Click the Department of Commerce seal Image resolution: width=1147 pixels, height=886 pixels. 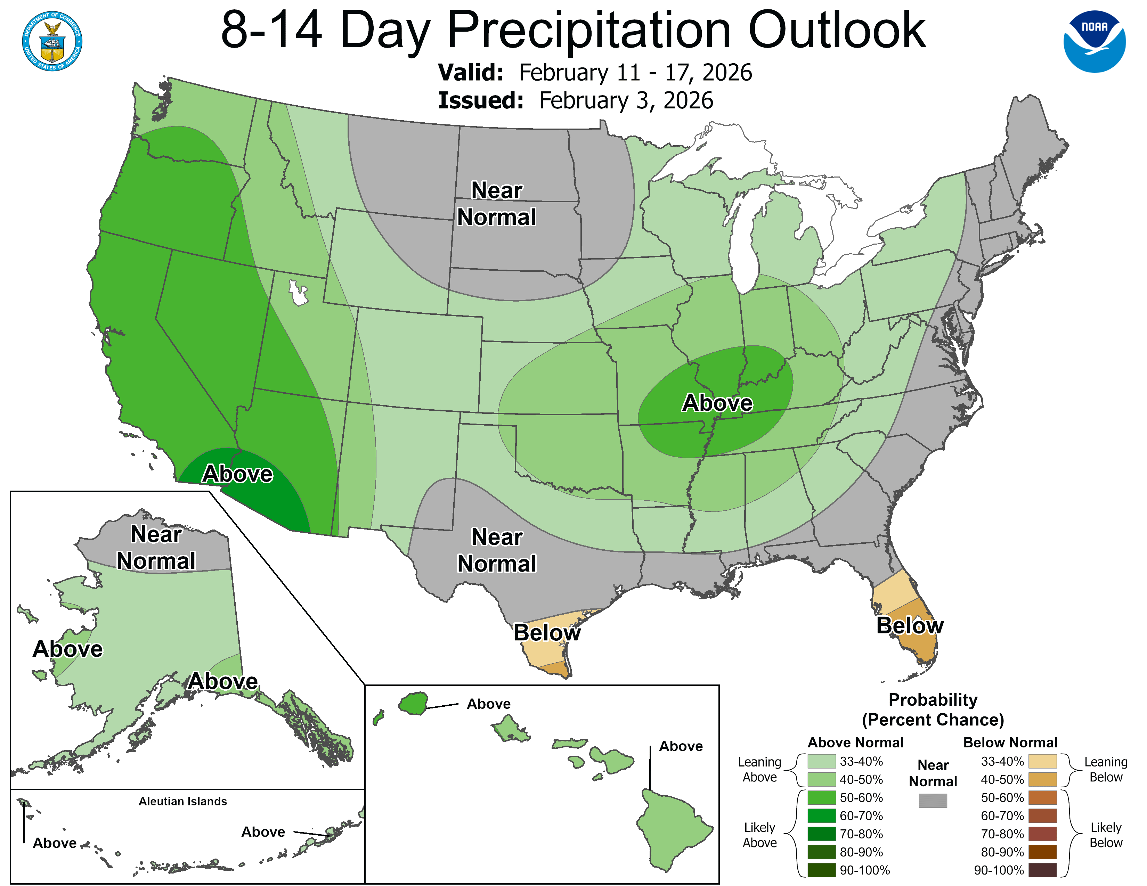click(52, 41)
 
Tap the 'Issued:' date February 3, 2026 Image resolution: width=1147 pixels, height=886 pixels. click(626, 101)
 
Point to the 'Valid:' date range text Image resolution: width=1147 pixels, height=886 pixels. click(635, 72)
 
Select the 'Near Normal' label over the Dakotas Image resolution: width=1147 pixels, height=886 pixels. click(496, 204)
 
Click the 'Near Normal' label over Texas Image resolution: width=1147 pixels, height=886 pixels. click(496, 550)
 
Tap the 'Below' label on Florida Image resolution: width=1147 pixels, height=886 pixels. click(910, 626)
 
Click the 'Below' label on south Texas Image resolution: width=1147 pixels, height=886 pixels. click(547, 632)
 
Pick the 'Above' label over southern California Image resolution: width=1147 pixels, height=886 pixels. click(237, 474)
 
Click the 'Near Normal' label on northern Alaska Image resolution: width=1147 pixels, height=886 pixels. click(156, 548)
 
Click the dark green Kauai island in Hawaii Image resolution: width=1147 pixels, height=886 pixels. click(413, 703)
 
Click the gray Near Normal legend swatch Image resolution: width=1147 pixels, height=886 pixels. click(933, 801)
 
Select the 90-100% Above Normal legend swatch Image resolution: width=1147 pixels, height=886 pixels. click(821, 870)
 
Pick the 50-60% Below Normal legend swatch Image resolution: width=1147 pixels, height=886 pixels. click(1042, 798)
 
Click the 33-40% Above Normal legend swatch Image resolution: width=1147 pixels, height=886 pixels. click(821, 761)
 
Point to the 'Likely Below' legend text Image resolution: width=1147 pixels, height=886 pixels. click(1106, 835)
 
